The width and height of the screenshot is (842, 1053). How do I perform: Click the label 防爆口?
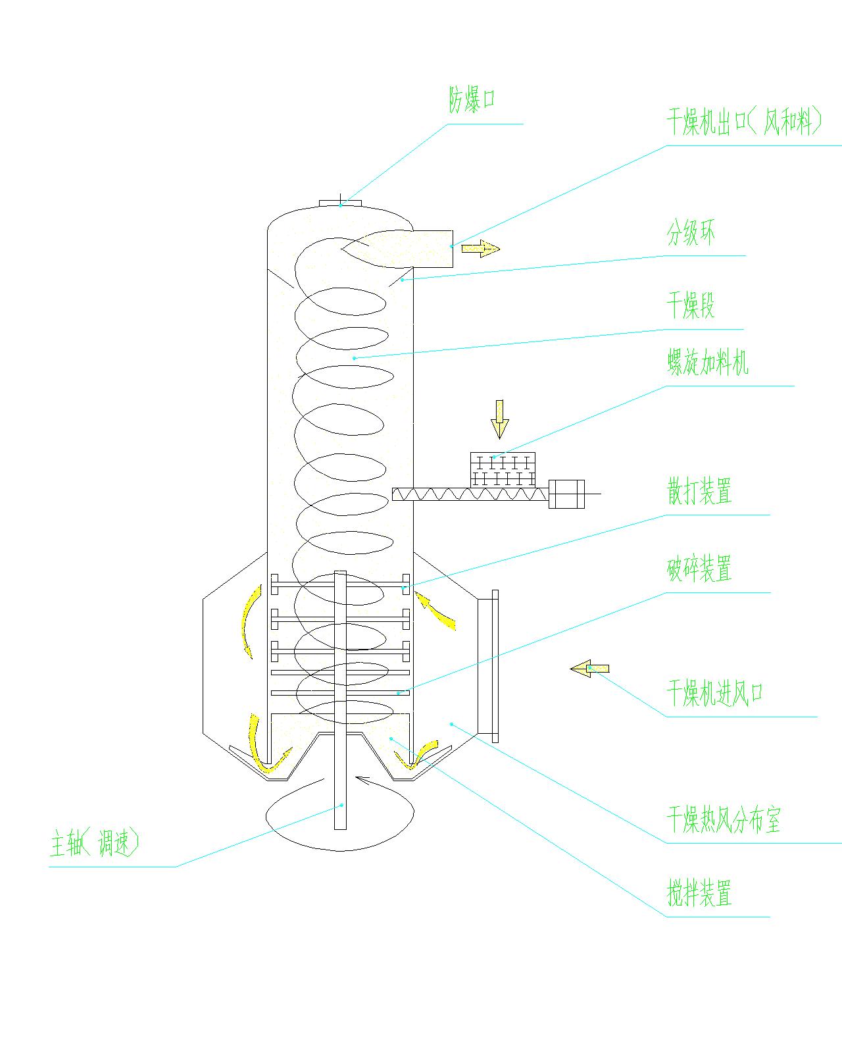[x=471, y=101]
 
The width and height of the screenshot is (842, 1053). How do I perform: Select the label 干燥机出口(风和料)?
[x=743, y=122]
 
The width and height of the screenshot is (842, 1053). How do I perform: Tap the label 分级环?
[x=691, y=234]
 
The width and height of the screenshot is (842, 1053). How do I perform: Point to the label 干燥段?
[x=691, y=306]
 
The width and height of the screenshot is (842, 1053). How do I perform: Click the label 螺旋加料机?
[x=708, y=363]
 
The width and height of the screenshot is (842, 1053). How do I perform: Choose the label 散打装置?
[x=699, y=492]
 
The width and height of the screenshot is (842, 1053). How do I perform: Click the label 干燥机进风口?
[x=714, y=693]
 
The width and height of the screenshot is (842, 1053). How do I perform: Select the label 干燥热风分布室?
[x=724, y=820]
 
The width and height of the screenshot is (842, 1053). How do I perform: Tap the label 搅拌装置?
[x=699, y=894]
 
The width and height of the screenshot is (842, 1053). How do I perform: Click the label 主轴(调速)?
[x=95, y=843]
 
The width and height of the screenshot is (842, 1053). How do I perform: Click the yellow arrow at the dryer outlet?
[x=480, y=249]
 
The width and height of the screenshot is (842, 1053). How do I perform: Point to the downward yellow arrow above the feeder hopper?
[x=500, y=419]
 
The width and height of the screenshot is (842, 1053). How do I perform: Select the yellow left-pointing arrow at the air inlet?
[x=589, y=669]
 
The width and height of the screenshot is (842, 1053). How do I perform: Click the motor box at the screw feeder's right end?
[x=566, y=494]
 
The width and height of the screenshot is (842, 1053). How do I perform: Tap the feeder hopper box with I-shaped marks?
[x=503, y=469]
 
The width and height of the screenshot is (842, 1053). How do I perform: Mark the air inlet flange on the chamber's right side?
[x=495, y=666]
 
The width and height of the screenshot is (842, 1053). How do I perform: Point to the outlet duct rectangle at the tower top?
[x=431, y=248]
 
